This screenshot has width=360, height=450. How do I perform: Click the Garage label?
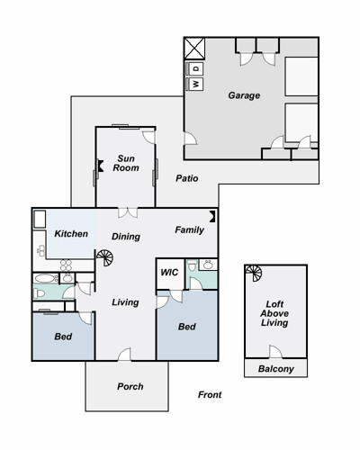coord(244,95)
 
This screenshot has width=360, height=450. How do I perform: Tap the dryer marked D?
coord(195,68)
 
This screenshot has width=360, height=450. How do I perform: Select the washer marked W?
coord(195,84)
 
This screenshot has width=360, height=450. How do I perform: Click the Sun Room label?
coord(126,163)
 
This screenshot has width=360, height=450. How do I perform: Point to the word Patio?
coord(187,178)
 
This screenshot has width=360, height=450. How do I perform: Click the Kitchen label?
coord(71,233)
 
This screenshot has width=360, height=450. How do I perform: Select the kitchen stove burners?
coord(66,265)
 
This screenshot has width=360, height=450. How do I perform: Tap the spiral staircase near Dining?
coord(104,257)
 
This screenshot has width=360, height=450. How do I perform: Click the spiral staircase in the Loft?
coord(254,273)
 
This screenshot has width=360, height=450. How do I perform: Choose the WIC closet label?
coord(169,273)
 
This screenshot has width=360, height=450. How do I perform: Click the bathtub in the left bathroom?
coord(46,278)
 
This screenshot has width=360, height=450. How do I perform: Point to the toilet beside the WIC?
coord(192,265)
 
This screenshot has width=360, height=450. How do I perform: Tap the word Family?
coord(189,229)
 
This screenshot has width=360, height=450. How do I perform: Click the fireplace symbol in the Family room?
coord(212,216)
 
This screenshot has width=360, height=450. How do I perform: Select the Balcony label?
coord(276,369)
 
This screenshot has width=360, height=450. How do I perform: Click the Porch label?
coord(130,386)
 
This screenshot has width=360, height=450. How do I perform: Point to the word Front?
coord(210,394)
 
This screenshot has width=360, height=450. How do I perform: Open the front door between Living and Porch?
coord(124,355)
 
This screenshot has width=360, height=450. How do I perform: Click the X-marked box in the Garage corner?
coord(194,49)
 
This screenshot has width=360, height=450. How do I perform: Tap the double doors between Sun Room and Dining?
coord(128,212)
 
